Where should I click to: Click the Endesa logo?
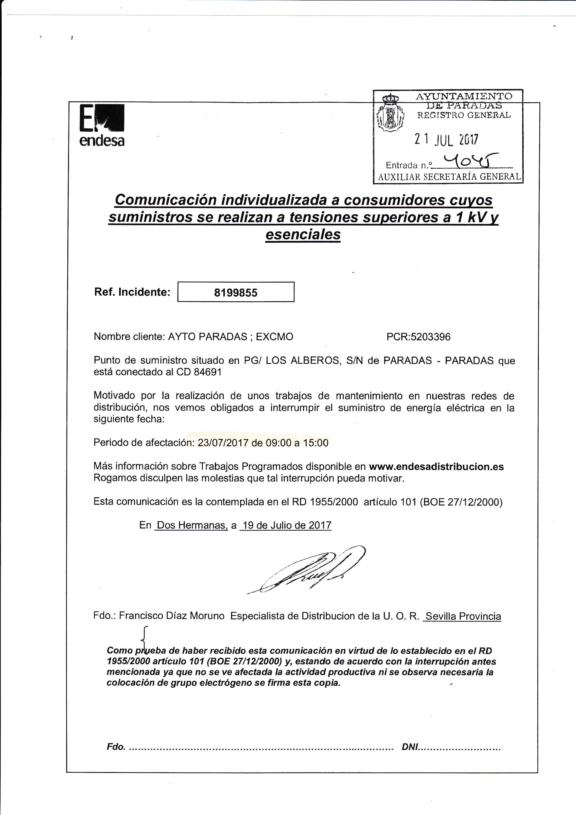click(102, 125)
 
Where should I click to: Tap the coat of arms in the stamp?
click(390, 113)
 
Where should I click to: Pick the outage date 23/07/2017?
click(223, 443)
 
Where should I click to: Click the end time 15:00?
click(316, 443)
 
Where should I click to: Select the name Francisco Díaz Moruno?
click(172, 616)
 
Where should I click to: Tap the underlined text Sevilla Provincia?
click(463, 616)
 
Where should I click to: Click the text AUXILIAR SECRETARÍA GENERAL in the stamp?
click(449, 177)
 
